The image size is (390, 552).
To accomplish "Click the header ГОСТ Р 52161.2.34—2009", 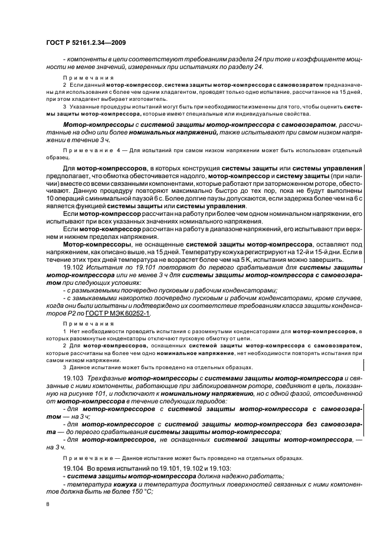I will click(85, 44).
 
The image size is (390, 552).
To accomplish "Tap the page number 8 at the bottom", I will click(48, 505).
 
